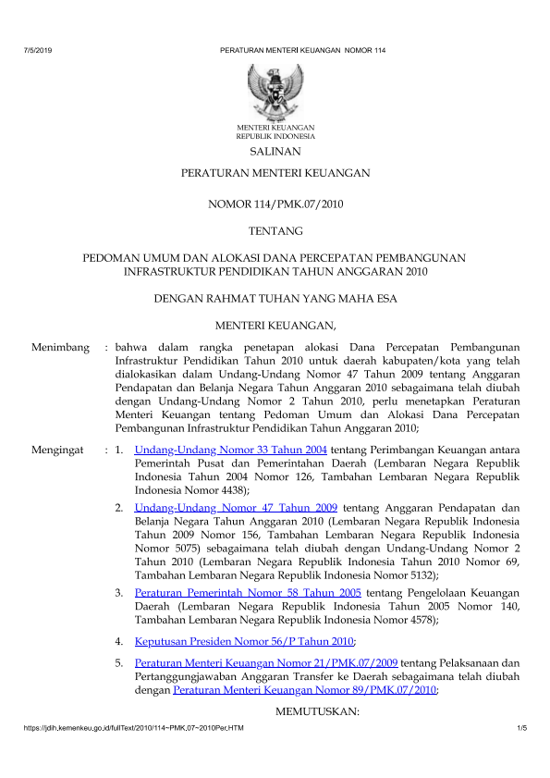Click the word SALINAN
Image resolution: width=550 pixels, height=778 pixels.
[275, 151]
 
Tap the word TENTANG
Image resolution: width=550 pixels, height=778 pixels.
[275, 229]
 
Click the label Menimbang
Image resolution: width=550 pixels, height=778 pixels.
[60, 348]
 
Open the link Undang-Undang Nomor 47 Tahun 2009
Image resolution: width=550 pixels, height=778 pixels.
[236, 508]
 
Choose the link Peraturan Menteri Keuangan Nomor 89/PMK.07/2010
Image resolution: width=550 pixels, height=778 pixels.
[305, 689]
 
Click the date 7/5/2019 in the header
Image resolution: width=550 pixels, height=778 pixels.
[33, 48]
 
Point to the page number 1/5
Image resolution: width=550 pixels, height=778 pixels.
[521, 731]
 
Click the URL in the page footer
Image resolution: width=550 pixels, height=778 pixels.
[120, 731]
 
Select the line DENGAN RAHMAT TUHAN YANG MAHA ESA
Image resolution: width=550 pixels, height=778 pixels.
[275, 298]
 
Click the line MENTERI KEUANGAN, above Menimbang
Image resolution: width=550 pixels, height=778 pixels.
[275, 325]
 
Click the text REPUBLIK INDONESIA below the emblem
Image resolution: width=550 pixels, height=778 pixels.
[275, 135]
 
